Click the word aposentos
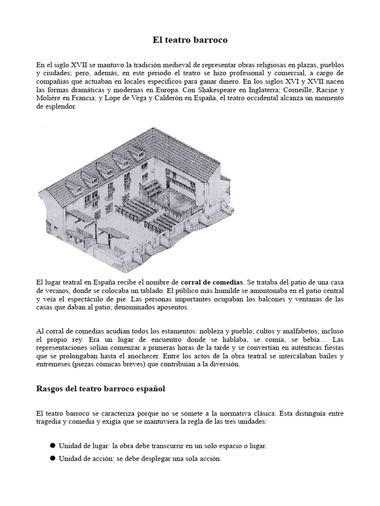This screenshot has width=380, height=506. click(x=172, y=308)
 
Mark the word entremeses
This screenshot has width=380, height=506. click(x=55, y=365)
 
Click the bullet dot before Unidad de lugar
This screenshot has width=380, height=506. click(x=52, y=445)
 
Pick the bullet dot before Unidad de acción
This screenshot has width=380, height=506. click(x=52, y=458)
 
